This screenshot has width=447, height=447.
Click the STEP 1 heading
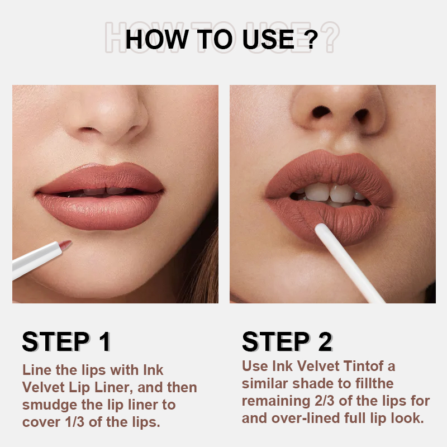pos(66,341)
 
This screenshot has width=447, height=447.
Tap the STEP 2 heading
pos(287,341)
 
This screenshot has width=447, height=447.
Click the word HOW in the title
pos(157,39)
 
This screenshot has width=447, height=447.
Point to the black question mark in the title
pos(312,39)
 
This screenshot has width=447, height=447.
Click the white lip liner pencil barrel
pos(36,260)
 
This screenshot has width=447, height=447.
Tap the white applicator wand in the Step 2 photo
pos(349,263)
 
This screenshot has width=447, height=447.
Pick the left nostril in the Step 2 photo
pos(321,112)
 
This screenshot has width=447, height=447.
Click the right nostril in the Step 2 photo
pos(361,116)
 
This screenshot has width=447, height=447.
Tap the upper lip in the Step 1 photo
pos(101,177)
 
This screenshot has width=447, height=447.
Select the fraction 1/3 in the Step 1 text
pos(75,422)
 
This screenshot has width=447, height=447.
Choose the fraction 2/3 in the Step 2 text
pos(325,401)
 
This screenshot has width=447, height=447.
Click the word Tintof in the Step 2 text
pos(363,366)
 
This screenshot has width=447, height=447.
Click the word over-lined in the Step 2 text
pos(306,418)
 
